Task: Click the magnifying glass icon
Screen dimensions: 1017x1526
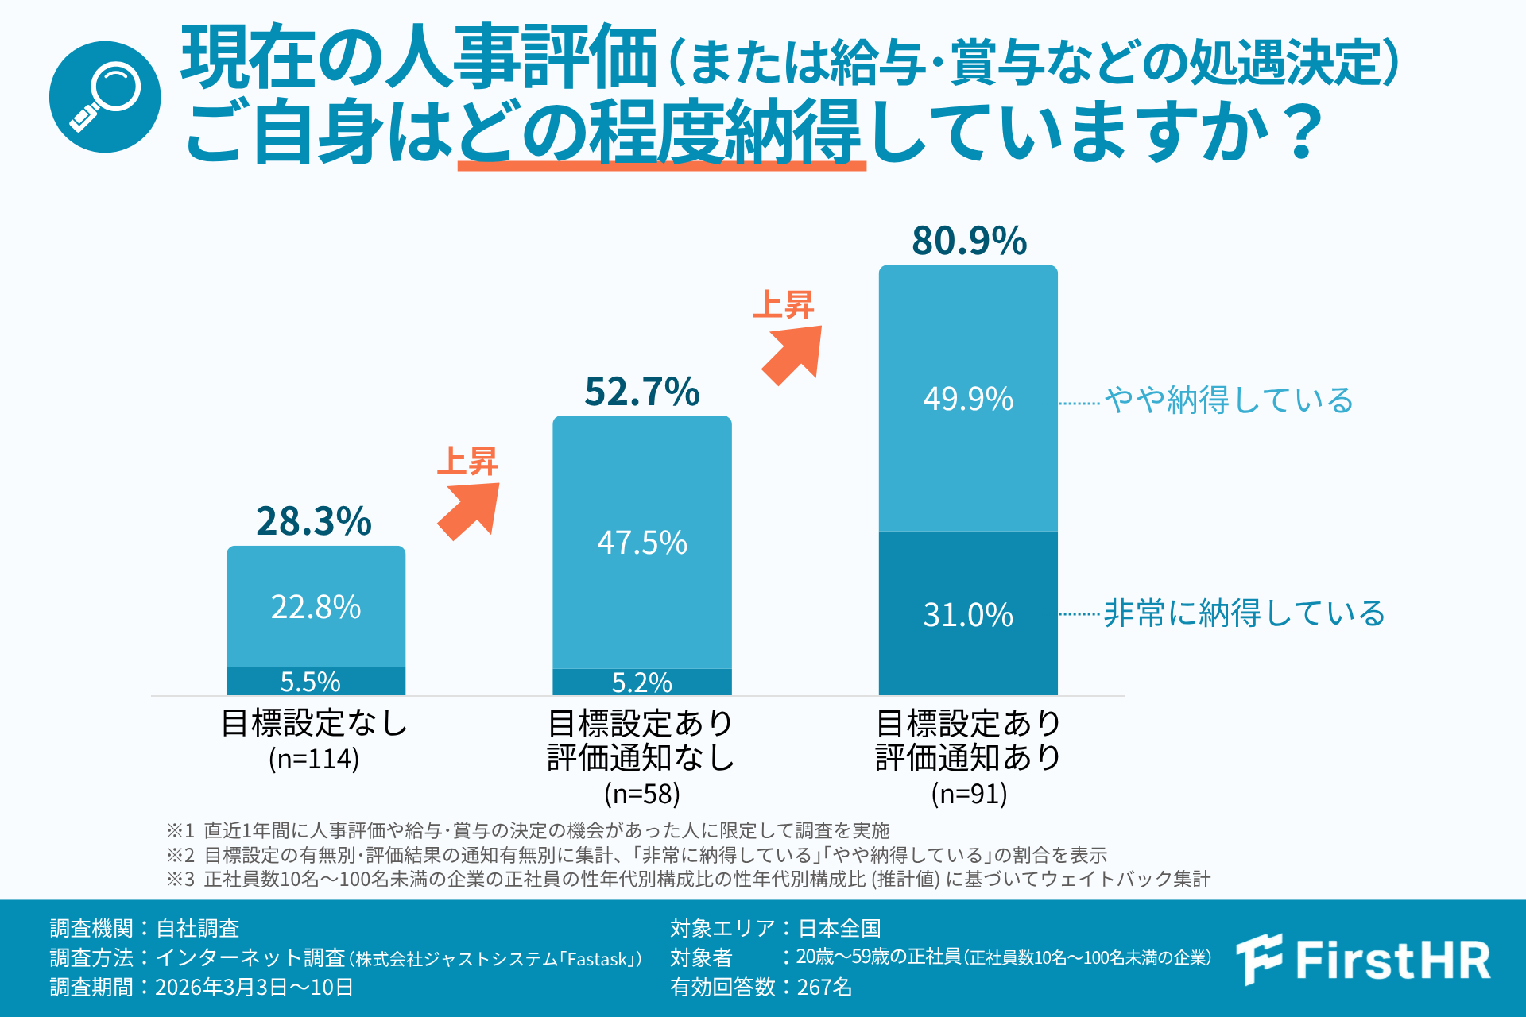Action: point(105,97)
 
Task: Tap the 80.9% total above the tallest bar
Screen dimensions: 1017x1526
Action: point(969,241)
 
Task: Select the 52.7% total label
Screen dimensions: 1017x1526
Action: point(642,392)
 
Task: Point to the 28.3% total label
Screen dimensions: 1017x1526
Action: point(314,521)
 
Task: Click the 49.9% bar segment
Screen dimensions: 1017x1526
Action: point(968,398)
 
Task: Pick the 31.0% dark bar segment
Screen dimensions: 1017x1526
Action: point(968,614)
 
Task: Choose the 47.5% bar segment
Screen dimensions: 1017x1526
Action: point(642,543)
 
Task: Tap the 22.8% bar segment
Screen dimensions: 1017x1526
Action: point(316,607)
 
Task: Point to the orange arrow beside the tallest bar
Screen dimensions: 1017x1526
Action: point(793,354)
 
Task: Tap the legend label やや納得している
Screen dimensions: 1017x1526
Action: point(1229,400)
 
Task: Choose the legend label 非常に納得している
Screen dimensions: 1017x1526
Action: point(1245,613)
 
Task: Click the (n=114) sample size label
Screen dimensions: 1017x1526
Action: point(314,759)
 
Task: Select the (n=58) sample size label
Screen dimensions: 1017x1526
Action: point(642,793)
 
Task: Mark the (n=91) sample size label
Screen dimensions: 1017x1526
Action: point(969,793)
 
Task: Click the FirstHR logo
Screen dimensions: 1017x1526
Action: point(1364,960)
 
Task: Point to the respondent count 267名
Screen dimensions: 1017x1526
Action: point(824,987)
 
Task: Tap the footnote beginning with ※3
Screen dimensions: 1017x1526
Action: point(688,879)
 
